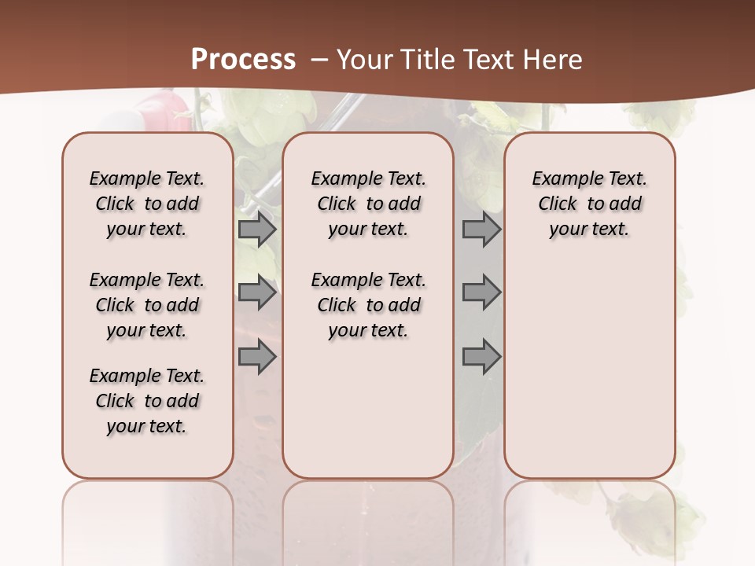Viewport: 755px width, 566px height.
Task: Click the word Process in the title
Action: coord(243,60)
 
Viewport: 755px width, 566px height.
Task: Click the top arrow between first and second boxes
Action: coord(257,230)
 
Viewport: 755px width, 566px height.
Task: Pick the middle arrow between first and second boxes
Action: coord(257,292)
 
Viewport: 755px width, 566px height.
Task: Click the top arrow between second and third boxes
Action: coord(481,230)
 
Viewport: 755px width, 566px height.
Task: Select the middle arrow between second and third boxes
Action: coord(481,292)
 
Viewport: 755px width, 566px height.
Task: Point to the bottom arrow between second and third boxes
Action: coord(481,357)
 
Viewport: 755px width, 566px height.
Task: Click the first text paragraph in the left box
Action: coord(147,204)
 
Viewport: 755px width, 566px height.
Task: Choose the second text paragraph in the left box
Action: coord(147,305)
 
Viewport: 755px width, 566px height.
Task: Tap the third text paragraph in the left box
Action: coord(147,401)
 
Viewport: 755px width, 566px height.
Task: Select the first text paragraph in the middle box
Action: coord(368,204)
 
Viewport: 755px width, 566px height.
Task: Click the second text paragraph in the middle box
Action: coord(368,305)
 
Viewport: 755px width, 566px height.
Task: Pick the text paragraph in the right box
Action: coord(590,204)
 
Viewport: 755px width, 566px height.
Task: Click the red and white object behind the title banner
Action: coord(160,109)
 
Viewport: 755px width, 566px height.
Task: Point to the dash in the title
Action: coord(319,60)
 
